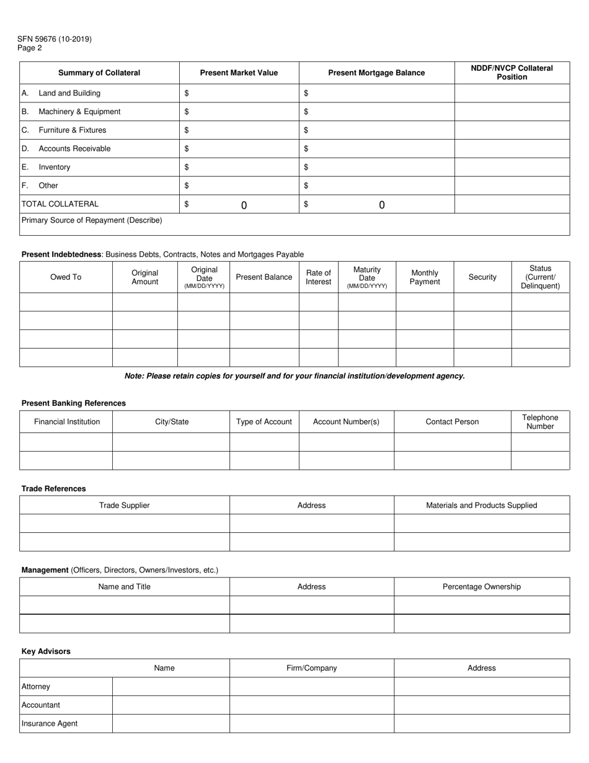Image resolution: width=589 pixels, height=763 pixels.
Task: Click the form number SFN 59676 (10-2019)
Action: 55,39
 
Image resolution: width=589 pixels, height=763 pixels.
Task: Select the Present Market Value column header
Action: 239,73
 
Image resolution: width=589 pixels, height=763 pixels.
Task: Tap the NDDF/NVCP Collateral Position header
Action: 511,73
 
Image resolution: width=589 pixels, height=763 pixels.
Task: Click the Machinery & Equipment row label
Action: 79,112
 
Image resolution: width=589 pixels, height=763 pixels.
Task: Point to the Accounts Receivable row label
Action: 74,148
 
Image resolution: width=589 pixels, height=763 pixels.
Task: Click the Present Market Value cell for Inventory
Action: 239,167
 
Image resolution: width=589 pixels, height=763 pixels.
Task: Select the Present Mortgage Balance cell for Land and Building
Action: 377,93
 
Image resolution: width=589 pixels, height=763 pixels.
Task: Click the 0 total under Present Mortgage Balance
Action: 381,205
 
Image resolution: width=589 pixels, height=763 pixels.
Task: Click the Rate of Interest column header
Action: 319,277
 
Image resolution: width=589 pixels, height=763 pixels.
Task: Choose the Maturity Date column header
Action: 367,277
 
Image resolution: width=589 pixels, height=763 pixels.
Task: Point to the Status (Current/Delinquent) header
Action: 540,277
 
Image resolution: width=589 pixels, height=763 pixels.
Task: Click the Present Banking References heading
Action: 73,403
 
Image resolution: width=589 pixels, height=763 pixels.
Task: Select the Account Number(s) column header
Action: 346,422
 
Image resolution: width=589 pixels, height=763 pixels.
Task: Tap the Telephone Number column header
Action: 540,422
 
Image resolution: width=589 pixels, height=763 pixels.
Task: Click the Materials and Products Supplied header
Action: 481,505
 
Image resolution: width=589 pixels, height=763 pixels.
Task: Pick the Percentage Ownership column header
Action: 481,587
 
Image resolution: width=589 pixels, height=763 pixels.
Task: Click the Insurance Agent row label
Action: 50,723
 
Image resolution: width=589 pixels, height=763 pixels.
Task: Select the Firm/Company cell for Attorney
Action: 311,687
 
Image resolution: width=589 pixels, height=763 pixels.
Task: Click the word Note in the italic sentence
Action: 133,376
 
